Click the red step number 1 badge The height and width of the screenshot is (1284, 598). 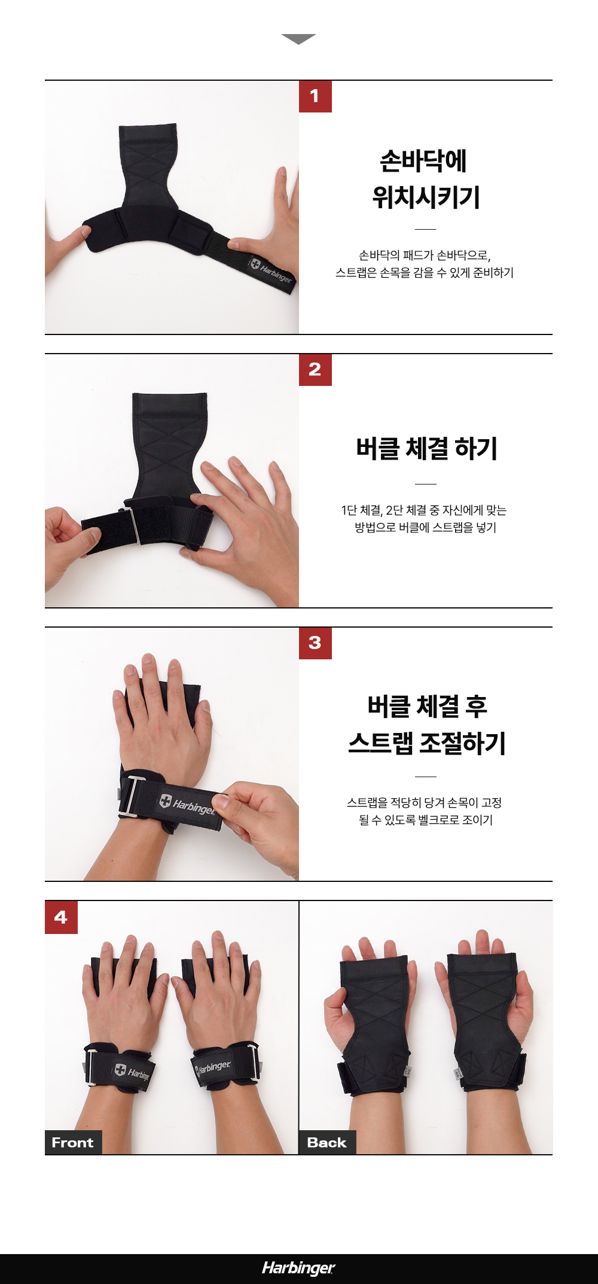coord(315,96)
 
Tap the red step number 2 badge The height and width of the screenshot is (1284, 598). coord(315,370)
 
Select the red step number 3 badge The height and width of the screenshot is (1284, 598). coord(315,643)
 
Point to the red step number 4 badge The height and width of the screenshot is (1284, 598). coord(61,917)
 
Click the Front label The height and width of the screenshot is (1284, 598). coord(73,1142)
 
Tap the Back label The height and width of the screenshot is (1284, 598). coord(327,1142)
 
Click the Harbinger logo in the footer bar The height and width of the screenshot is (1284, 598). coord(298,1268)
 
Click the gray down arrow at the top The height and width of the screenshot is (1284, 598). coord(298,39)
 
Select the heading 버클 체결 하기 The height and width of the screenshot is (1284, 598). coord(426,448)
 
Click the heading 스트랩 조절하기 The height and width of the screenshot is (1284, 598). coord(427,743)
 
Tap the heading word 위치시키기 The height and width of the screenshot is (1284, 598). coord(426,197)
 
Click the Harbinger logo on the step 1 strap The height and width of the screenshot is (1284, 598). coord(271,271)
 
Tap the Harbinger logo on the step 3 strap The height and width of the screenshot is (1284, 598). coord(187,804)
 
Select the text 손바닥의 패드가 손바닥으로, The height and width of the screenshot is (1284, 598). coord(425,255)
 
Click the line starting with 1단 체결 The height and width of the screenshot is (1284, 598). coord(424,510)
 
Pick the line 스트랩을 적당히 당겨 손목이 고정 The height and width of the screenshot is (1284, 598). coord(425,802)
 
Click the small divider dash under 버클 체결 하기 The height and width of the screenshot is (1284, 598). coord(426,483)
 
